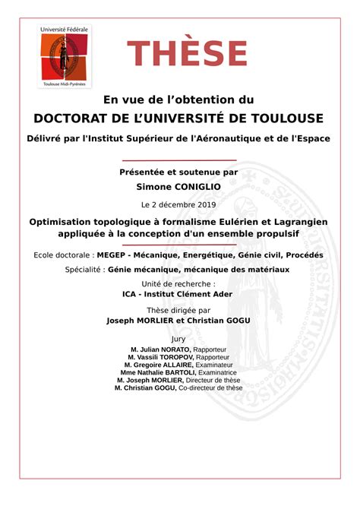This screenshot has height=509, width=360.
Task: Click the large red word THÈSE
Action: tap(187, 54)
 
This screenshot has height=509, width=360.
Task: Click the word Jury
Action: tap(179, 338)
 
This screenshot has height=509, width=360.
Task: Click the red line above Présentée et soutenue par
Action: tap(179, 160)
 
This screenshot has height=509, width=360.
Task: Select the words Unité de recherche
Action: tap(179, 284)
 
